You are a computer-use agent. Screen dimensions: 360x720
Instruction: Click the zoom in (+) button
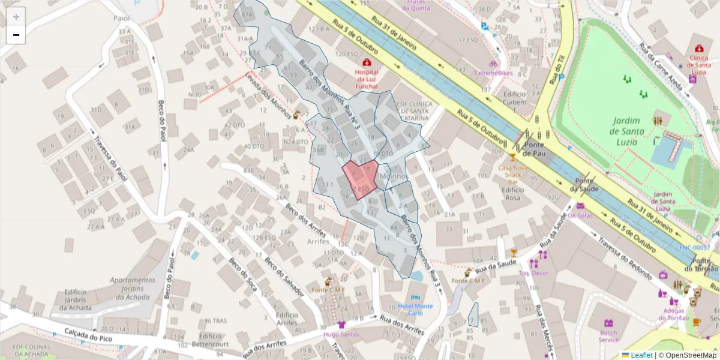[x=16, y=17]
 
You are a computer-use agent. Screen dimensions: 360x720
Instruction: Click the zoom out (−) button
[x=16, y=35]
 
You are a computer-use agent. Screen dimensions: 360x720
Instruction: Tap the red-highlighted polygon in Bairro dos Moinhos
[x=360, y=179]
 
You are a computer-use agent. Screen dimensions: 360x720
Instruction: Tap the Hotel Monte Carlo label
[x=416, y=310]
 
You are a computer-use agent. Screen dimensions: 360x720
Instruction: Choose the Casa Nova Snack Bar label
[x=513, y=175]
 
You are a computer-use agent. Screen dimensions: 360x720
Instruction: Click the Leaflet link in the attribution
[x=641, y=355]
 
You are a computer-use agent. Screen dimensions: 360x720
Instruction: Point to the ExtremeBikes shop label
[x=494, y=73]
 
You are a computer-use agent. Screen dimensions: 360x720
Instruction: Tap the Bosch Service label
[x=608, y=336]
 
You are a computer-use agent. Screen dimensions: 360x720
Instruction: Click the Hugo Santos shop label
[x=341, y=334]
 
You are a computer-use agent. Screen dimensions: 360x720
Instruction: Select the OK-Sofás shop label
[x=580, y=215]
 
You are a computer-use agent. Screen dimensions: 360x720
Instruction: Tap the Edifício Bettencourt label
[x=211, y=341]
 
